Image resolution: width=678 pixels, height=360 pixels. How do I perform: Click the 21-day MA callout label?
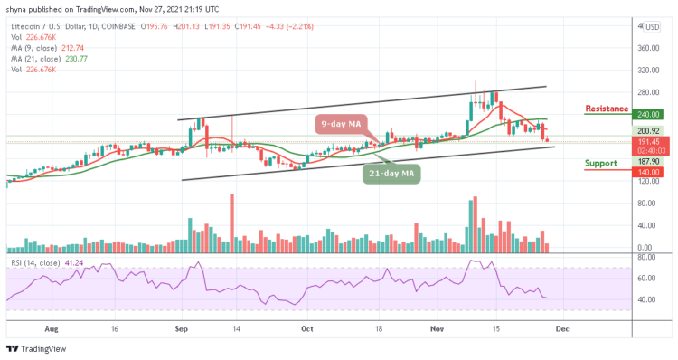click(x=393, y=173)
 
